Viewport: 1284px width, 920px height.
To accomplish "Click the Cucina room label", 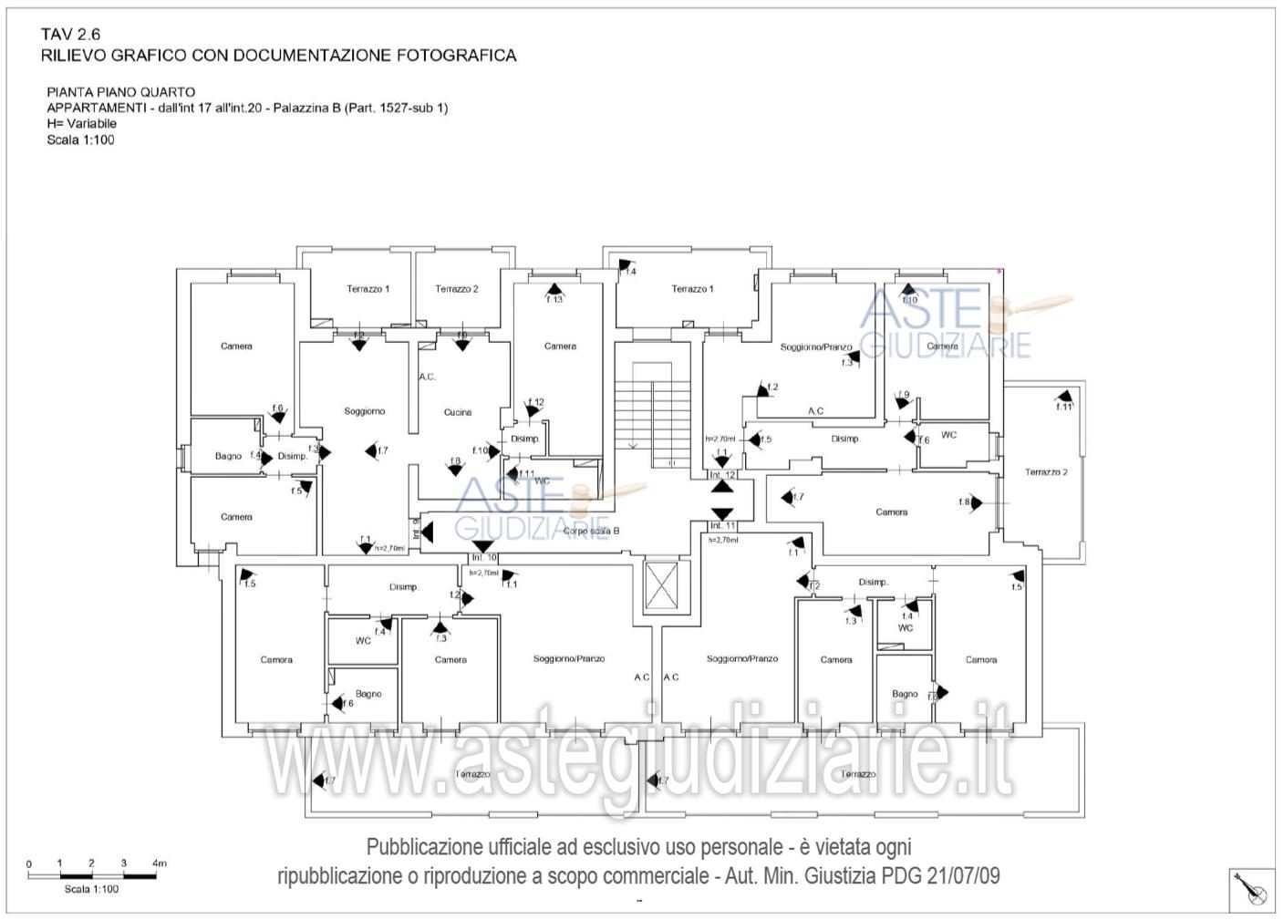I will pos(458,412).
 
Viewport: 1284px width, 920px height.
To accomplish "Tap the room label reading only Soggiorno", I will pos(365,411).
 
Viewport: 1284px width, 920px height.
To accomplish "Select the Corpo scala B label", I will pos(591,531).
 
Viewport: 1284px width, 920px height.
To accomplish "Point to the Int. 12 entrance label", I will pos(722,475).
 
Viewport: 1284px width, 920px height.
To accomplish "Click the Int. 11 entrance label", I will pos(722,526).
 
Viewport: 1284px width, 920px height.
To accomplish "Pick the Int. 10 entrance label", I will pos(484,557).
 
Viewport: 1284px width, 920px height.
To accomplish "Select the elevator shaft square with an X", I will pos(662,585).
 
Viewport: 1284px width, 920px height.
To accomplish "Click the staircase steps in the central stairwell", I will pos(651,410).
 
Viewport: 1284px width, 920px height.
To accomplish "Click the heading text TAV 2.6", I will pos(71,35).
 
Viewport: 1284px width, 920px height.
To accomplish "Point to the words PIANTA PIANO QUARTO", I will pos(120,92).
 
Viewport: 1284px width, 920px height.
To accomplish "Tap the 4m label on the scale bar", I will pos(160,863).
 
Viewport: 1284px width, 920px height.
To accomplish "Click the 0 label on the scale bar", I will pos(29,863).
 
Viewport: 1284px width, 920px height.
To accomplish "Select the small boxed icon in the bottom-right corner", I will pos(1251,890).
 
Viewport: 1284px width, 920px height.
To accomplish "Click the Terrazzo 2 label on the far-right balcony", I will pos(1046,472).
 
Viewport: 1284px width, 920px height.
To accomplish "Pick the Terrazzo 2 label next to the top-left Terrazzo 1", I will pos(456,289).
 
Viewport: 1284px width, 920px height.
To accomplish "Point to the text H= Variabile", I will pos(82,123).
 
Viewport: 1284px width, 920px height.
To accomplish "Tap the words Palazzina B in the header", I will pos(308,108).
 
